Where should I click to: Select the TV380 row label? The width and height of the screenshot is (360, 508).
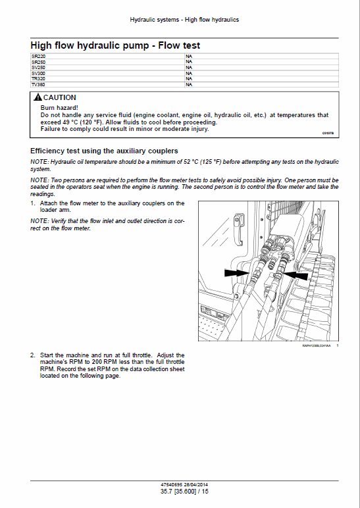point(38,85)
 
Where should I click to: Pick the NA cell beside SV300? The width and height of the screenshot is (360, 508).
point(189,73)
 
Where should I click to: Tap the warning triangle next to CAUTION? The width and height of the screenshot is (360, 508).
point(38,97)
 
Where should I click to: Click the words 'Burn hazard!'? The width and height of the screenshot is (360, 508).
point(59,107)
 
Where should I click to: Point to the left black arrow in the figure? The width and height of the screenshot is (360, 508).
point(237,273)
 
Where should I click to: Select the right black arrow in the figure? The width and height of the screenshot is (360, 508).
point(296,275)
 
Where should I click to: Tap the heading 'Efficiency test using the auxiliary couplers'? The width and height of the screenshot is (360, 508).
point(104,151)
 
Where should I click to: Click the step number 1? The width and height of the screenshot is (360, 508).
point(32,203)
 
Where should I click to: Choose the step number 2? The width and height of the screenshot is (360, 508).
point(32,355)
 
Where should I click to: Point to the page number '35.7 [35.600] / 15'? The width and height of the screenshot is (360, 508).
point(184,491)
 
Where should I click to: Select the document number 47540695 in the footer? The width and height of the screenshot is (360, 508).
point(171,485)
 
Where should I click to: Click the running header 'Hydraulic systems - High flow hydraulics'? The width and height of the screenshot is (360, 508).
point(184,20)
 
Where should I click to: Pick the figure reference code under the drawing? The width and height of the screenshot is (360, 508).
point(317,345)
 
